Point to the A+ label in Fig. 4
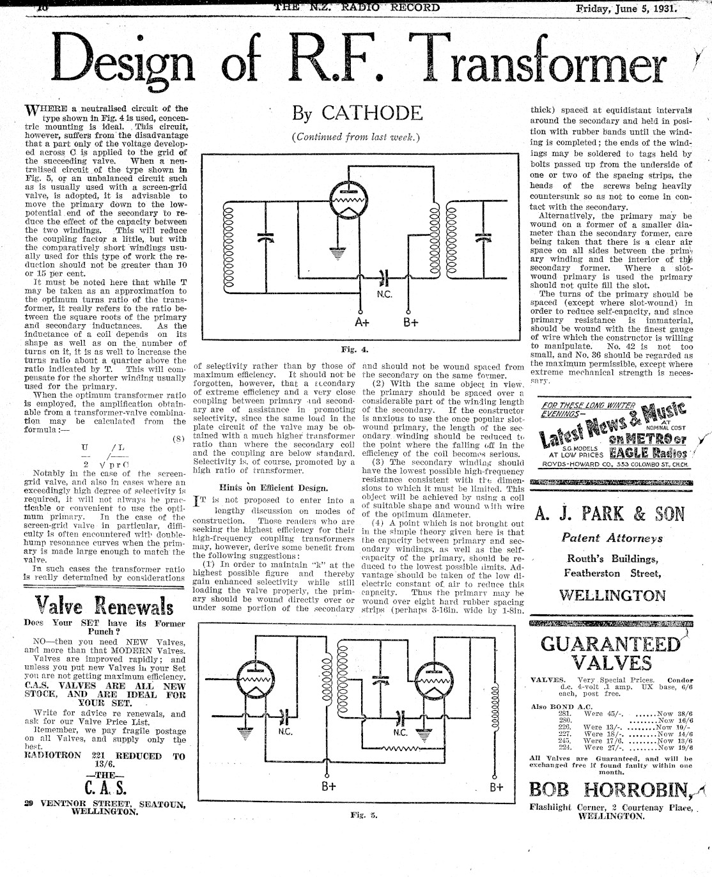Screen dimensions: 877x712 [363, 322]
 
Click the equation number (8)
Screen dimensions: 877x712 [179, 438]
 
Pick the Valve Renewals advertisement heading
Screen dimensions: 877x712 [103, 604]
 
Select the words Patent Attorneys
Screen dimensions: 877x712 [612, 539]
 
